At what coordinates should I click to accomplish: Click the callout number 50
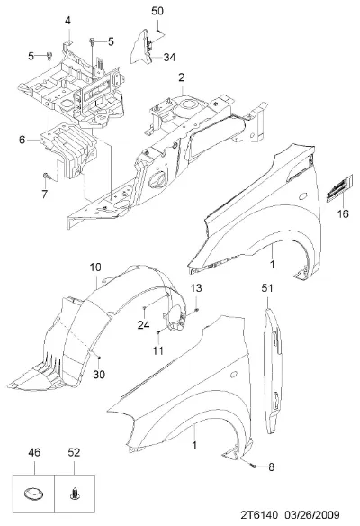click(x=157, y=11)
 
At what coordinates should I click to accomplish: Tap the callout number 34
click(x=169, y=58)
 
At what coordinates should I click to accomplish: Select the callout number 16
click(x=343, y=213)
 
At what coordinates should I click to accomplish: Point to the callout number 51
click(x=267, y=288)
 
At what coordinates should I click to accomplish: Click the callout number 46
click(x=34, y=452)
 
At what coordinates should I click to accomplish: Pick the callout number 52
click(x=74, y=452)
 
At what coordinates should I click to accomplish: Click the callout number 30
click(x=99, y=374)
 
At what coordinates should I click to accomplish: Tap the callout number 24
click(x=143, y=325)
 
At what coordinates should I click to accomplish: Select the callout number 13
click(x=196, y=288)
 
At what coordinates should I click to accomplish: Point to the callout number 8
click(x=271, y=467)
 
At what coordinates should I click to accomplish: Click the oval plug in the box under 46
click(x=34, y=494)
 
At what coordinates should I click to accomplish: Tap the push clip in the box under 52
click(x=75, y=494)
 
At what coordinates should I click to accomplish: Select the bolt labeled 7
click(x=46, y=176)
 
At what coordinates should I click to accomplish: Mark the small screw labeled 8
click(x=253, y=466)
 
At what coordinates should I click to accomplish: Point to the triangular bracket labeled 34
click(x=141, y=47)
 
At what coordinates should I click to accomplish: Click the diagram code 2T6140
click(x=259, y=515)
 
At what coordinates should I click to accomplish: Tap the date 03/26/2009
click(x=312, y=515)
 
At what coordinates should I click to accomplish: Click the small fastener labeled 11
click(x=159, y=332)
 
